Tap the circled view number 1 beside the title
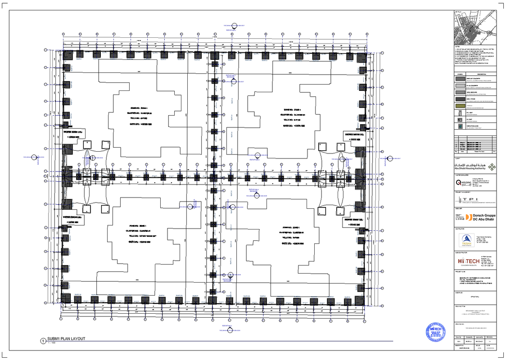pos(43,341)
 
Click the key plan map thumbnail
pos(475,28)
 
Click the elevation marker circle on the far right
pos(390,158)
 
